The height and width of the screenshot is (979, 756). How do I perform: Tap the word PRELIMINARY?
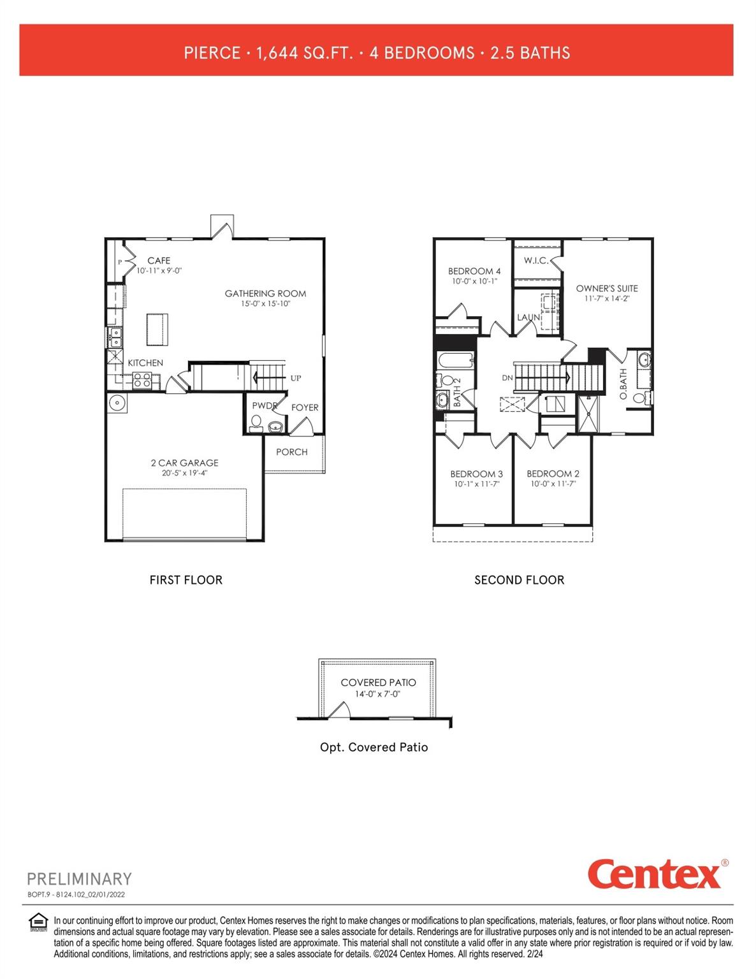click(79, 879)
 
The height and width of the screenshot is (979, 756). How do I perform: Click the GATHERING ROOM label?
click(265, 294)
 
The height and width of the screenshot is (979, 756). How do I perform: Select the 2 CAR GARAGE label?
click(184, 463)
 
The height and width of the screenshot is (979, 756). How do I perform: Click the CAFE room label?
click(159, 261)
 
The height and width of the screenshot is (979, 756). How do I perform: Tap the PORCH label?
click(292, 452)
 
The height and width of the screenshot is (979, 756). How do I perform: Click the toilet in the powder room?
click(256, 423)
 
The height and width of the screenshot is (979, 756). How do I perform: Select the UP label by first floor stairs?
click(296, 378)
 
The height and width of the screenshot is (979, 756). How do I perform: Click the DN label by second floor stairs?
click(507, 378)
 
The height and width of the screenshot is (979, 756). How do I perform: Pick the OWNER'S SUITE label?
click(607, 288)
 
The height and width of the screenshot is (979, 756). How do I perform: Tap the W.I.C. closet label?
click(536, 261)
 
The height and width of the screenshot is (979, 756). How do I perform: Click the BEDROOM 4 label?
click(474, 271)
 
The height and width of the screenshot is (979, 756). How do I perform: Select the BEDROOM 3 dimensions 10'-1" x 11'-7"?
click(476, 484)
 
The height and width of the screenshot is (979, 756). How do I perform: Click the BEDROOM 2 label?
click(553, 474)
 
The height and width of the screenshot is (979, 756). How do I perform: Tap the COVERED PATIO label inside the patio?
click(378, 683)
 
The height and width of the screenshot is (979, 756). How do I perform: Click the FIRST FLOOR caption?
click(185, 580)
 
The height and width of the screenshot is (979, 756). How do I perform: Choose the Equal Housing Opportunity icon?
click(39, 922)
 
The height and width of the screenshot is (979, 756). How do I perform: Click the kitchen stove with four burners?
click(142, 381)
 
